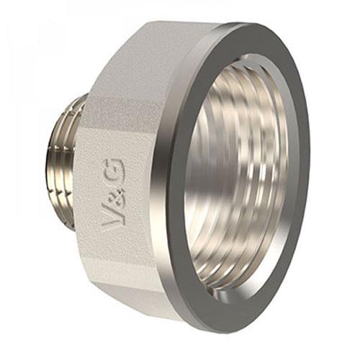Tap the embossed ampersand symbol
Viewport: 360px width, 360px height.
(115, 195)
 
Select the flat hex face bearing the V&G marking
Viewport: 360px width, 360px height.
(119, 194)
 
